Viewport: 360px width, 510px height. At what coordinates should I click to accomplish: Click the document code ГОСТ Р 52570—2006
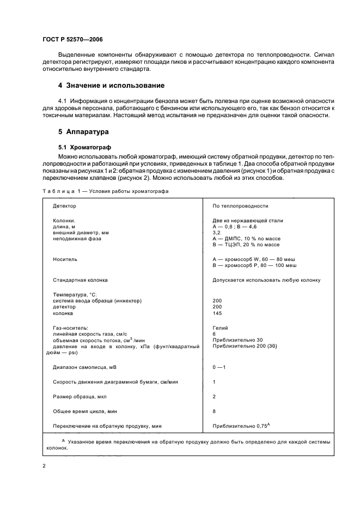72,40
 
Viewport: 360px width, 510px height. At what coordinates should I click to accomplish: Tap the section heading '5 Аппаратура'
84,132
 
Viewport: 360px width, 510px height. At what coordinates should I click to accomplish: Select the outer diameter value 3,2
216,232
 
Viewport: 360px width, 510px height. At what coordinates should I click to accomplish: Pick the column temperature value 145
217,313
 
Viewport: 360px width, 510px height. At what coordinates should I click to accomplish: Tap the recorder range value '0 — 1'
219,367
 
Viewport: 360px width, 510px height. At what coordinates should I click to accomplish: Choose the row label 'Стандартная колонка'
80,280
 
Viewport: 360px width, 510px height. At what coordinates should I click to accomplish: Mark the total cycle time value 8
215,411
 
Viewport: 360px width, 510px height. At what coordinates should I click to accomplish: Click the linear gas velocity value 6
215,334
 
